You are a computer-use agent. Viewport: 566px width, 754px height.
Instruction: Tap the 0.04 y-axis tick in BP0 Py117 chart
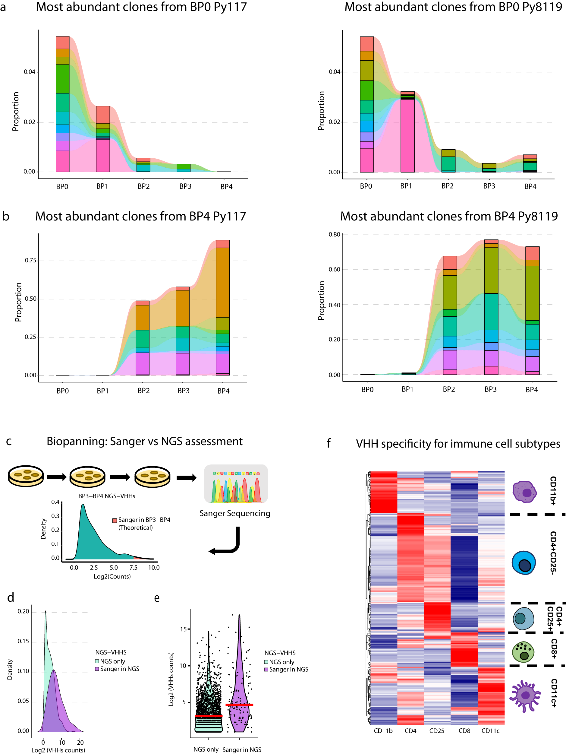pos(29,72)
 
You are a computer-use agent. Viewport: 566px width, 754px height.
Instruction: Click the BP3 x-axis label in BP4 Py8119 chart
pos(490,389)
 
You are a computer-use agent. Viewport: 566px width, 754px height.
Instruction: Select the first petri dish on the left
pos(26,476)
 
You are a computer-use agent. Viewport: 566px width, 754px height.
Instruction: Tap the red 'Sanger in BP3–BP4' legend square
pos(115,520)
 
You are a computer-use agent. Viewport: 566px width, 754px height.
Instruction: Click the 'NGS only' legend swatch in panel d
pos(97,661)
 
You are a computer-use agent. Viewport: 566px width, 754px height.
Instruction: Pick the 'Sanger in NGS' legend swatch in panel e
pos(266,670)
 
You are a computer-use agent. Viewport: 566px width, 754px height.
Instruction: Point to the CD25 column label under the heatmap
pos(437,730)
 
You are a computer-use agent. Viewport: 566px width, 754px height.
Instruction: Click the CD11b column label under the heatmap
pos(383,730)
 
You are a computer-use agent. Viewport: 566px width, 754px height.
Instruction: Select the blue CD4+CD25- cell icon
pos(524,563)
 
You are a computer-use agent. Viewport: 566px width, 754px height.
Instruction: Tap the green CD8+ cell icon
pos(523,652)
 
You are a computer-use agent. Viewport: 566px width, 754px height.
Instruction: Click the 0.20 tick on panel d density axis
pos(23,612)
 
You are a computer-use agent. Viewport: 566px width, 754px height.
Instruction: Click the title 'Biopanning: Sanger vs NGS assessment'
pos(144,442)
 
